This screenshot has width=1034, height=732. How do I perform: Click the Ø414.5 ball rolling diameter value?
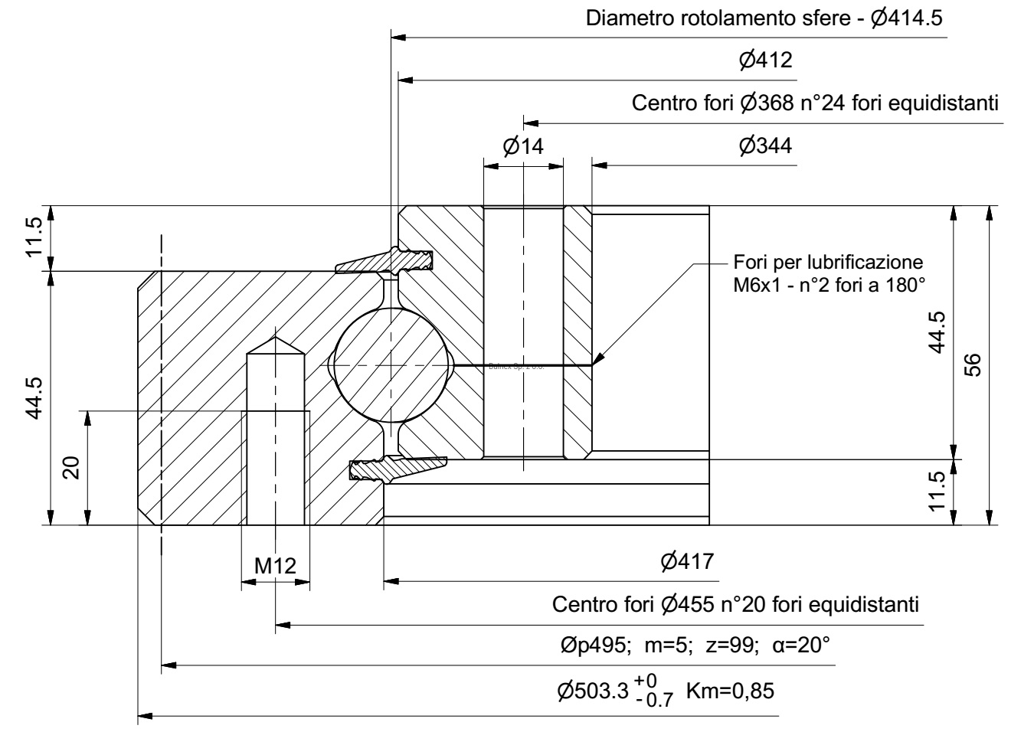(907, 18)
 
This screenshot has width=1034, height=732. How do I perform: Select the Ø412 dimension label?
(766, 60)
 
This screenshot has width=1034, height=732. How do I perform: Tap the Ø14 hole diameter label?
(523, 145)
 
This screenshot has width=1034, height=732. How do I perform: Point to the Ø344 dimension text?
(766, 145)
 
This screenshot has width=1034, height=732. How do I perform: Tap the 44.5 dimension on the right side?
(936, 332)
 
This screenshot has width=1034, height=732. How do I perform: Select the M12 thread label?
(275, 566)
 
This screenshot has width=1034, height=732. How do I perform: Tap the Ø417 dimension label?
(687, 562)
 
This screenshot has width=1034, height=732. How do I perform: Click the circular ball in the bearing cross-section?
(391, 365)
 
